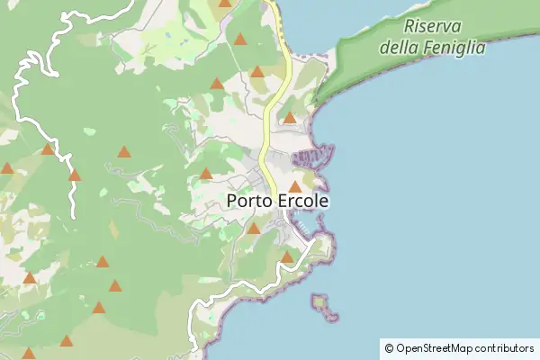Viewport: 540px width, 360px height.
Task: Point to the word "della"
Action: [400, 47]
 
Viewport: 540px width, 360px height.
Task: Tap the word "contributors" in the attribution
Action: [505, 347]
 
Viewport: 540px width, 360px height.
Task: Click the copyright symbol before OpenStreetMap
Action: [389, 347]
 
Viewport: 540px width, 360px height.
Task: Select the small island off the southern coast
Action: [322, 305]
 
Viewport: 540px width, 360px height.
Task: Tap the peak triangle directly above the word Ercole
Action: [294, 186]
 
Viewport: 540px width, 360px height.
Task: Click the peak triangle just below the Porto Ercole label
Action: [254, 229]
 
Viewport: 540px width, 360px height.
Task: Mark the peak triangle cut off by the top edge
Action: [224, 4]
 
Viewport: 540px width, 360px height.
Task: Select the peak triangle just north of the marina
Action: [290, 118]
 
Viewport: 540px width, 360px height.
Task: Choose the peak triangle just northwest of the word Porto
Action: [206, 174]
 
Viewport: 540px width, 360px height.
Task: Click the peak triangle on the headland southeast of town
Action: [287, 257]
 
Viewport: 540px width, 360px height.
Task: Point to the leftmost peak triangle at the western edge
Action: [7, 167]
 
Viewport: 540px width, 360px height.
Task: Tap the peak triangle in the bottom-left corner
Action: [28, 354]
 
